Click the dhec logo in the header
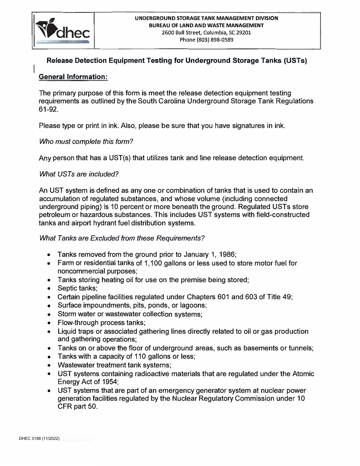63,30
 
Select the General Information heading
74,77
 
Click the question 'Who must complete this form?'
86,141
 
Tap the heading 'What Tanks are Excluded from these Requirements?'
122,238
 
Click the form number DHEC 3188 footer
39,439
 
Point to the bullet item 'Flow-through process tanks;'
102,323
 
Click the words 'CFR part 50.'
77,407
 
